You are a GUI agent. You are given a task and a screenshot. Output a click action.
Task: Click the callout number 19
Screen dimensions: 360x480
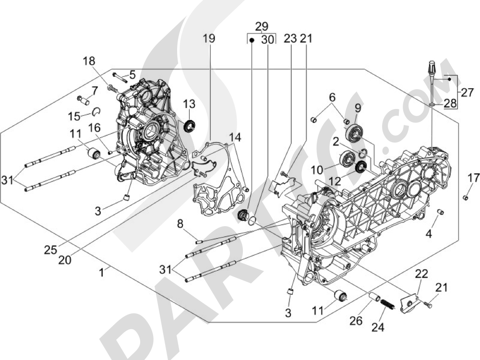click(208, 39)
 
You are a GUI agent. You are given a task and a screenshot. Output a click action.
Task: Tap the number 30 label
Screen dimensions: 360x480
click(268, 40)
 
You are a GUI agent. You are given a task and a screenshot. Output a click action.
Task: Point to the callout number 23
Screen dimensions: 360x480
click(290, 39)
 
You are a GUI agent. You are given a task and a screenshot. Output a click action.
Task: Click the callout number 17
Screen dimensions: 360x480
click(473, 178)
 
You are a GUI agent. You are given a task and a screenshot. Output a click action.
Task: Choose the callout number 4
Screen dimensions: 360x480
click(429, 234)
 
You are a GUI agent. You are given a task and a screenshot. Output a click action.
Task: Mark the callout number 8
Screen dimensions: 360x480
click(180, 224)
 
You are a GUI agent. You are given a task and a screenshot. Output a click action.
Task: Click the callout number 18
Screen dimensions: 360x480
click(89, 61)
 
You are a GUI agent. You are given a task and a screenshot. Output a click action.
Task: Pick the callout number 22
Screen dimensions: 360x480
click(421, 274)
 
